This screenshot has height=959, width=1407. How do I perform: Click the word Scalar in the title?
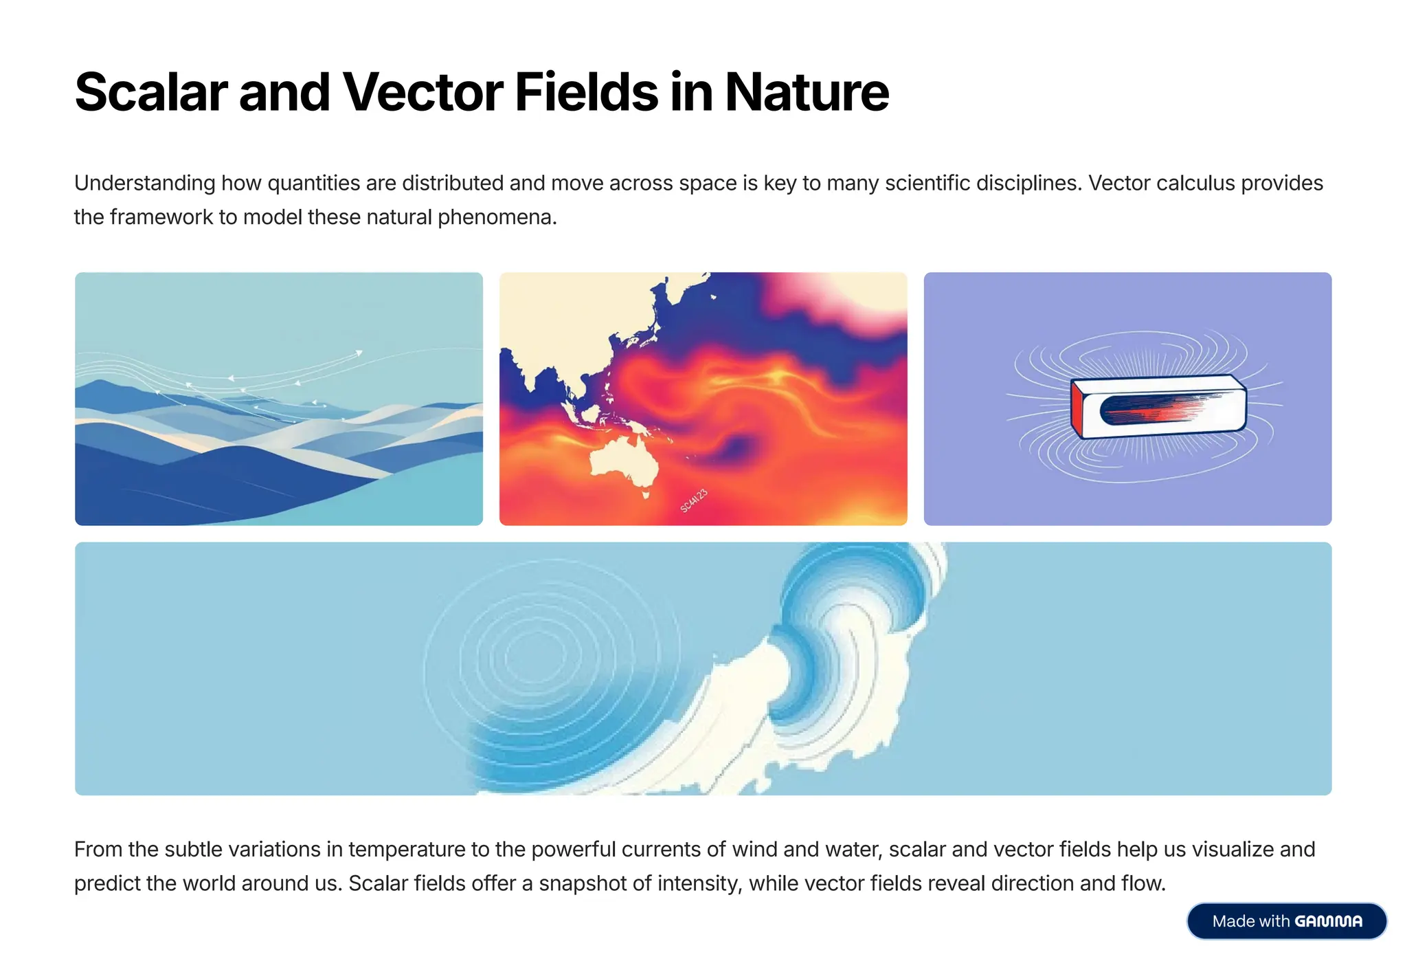pyautogui.click(x=150, y=92)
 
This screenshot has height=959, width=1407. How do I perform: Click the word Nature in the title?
pyautogui.click(x=807, y=92)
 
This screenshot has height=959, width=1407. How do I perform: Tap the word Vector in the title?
pyautogui.click(x=423, y=92)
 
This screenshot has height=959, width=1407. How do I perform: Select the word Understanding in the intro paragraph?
pyautogui.click(x=145, y=184)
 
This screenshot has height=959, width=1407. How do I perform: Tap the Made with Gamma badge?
pyautogui.click(x=1286, y=921)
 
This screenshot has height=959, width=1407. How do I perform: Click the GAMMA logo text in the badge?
pyautogui.click(x=1328, y=921)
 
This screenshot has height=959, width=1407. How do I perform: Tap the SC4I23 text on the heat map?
pyautogui.click(x=693, y=500)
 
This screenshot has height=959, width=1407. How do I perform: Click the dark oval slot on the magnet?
pyautogui.click(x=1154, y=408)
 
